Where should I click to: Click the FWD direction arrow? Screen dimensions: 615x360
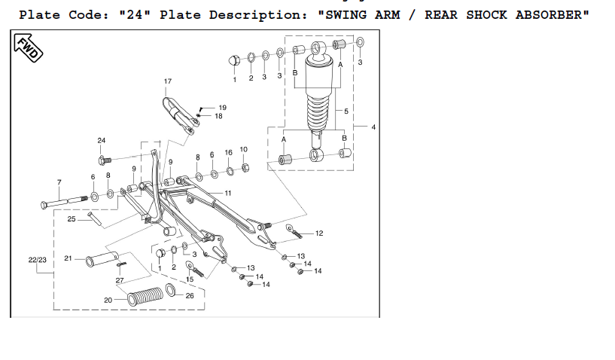tap(28, 47)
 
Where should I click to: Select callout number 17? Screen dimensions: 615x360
tap(167, 81)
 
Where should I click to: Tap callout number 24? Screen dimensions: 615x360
tap(101, 140)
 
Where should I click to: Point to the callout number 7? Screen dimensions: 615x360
tap(59, 182)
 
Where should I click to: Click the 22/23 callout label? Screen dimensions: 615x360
tap(37, 260)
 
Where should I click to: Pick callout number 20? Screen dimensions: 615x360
tap(108, 300)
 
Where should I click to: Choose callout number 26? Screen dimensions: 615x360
tap(190, 296)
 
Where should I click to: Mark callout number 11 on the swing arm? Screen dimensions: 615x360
tap(228, 193)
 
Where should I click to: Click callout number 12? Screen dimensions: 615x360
tap(319, 233)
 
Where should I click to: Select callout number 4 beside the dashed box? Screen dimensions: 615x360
tap(373, 127)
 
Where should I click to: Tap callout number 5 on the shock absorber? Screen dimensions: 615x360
tap(346, 111)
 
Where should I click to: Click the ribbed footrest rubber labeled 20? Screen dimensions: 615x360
tap(145, 297)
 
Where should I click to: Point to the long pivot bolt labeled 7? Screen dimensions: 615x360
tap(64, 202)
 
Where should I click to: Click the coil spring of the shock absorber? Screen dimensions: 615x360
tap(318, 113)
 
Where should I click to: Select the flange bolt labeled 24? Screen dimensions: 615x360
tap(105, 160)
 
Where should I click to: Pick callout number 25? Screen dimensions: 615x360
tap(72, 218)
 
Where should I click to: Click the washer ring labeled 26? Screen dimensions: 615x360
tap(171, 290)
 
